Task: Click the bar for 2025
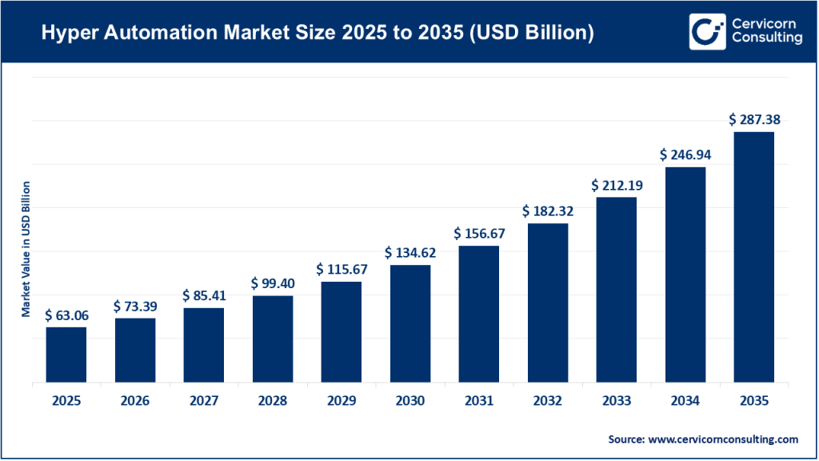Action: [66, 355]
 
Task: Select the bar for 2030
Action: [410, 323]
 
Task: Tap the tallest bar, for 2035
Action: [754, 257]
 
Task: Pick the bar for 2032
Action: [548, 303]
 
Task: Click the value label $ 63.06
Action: [66, 315]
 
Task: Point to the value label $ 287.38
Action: [754, 119]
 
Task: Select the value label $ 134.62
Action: [410, 253]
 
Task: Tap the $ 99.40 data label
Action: [273, 283]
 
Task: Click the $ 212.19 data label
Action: [617, 185]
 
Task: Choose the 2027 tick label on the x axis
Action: [204, 401]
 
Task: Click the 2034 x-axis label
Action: [685, 401]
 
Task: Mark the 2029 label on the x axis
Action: [342, 401]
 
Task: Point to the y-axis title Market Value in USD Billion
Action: [26, 249]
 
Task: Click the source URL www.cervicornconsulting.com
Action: [723, 439]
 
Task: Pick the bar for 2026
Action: [135, 350]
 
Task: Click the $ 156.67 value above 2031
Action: [479, 234]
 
